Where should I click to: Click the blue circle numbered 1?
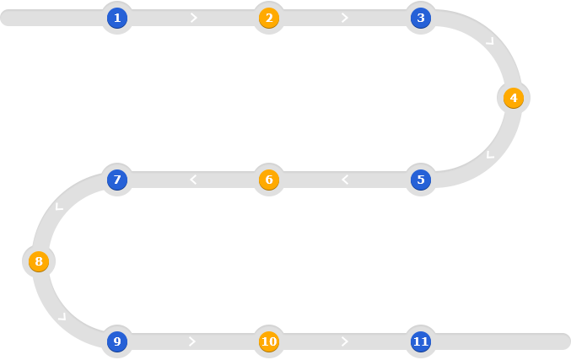(117, 18)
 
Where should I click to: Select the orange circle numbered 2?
(269, 18)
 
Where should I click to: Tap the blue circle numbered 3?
(421, 18)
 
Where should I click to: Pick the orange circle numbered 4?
(514, 98)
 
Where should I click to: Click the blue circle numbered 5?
(421, 180)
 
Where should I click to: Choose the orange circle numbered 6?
(269, 180)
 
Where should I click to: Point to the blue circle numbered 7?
(117, 180)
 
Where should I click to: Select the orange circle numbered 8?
(39, 261)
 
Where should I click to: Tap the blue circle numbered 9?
(117, 341)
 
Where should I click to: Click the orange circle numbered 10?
(269, 341)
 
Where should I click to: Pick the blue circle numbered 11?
(421, 341)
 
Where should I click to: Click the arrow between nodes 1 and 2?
(194, 18)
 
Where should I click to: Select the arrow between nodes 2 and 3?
(345, 18)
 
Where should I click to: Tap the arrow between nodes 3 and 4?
(490, 41)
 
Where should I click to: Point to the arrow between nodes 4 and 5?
(490, 154)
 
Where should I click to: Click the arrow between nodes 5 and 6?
(345, 180)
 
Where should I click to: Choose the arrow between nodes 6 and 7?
(193, 180)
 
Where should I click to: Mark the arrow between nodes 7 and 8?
(59, 207)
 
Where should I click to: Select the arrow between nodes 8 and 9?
(62, 317)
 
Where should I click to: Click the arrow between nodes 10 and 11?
(345, 341)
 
